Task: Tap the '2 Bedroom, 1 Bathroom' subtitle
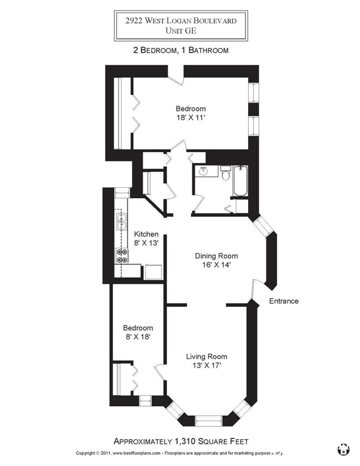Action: pos(181,50)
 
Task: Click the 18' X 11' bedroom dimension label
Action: pos(191,117)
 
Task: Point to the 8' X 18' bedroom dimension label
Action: pos(138,336)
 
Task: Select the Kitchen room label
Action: pos(146,234)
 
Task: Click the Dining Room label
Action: pos(216,256)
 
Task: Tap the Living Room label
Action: pos(206,356)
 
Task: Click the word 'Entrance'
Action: pos(284,301)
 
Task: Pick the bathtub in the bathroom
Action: pos(240,181)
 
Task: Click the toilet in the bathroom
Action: pos(225,173)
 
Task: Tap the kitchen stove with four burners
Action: pos(121,255)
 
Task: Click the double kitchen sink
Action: pos(121,222)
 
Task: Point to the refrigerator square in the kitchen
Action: pos(153,272)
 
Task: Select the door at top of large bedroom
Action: pos(176,78)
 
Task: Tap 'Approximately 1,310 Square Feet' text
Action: pos(181,442)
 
